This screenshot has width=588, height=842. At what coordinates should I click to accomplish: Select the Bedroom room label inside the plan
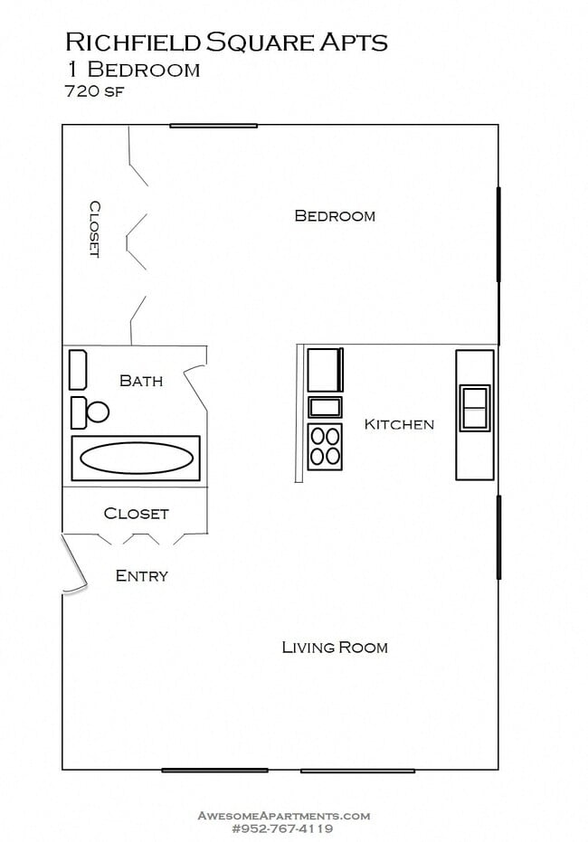tap(335, 215)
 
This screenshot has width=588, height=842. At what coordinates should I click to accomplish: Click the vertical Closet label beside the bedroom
tap(93, 229)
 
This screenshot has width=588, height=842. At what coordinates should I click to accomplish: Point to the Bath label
tap(141, 381)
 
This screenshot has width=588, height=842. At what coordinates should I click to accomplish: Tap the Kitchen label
tap(399, 423)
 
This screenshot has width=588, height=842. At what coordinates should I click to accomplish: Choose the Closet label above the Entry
tap(137, 513)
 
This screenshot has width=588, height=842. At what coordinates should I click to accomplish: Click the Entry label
tap(142, 575)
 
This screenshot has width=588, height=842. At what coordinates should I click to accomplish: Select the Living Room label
tap(335, 647)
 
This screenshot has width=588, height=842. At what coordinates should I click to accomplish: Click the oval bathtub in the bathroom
tap(136, 459)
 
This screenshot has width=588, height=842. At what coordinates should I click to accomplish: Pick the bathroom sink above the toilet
tap(78, 370)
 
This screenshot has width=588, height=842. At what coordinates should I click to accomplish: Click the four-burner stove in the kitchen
tap(326, 446)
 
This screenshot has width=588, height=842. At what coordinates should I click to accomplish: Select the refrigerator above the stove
tap(325, 370)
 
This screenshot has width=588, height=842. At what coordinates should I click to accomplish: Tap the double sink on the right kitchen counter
tap(475, 407)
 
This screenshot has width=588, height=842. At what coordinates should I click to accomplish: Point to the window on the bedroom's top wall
tap(213, 125)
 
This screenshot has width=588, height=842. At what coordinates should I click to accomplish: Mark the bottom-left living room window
tap(214, 770)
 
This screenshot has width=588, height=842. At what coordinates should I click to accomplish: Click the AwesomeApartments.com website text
tap(284, 815)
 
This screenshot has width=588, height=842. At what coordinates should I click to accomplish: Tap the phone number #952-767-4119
tap(284, 828)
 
